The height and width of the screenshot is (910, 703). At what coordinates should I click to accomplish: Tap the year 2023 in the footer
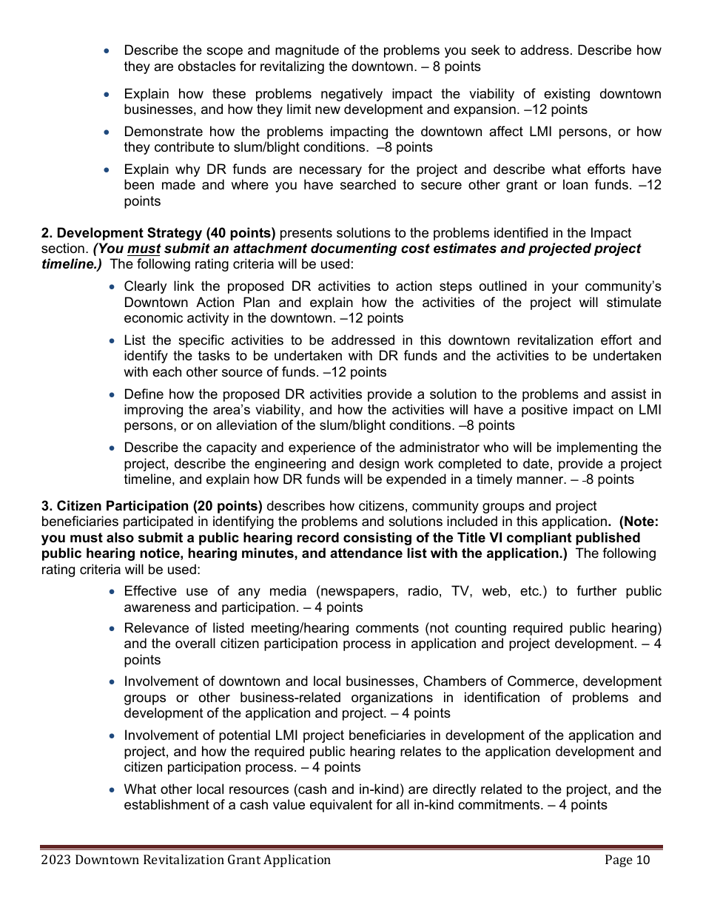point(56,860)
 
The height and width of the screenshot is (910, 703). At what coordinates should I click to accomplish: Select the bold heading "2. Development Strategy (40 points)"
point(158,233)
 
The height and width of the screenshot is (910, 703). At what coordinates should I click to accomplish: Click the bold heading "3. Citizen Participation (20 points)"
point(152,506)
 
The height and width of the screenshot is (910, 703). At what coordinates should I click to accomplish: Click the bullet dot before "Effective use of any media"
point(111,592)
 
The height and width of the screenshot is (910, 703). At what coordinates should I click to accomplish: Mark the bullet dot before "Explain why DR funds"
point(111,170)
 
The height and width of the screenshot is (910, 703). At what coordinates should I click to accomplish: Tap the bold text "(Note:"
point(639,522)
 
